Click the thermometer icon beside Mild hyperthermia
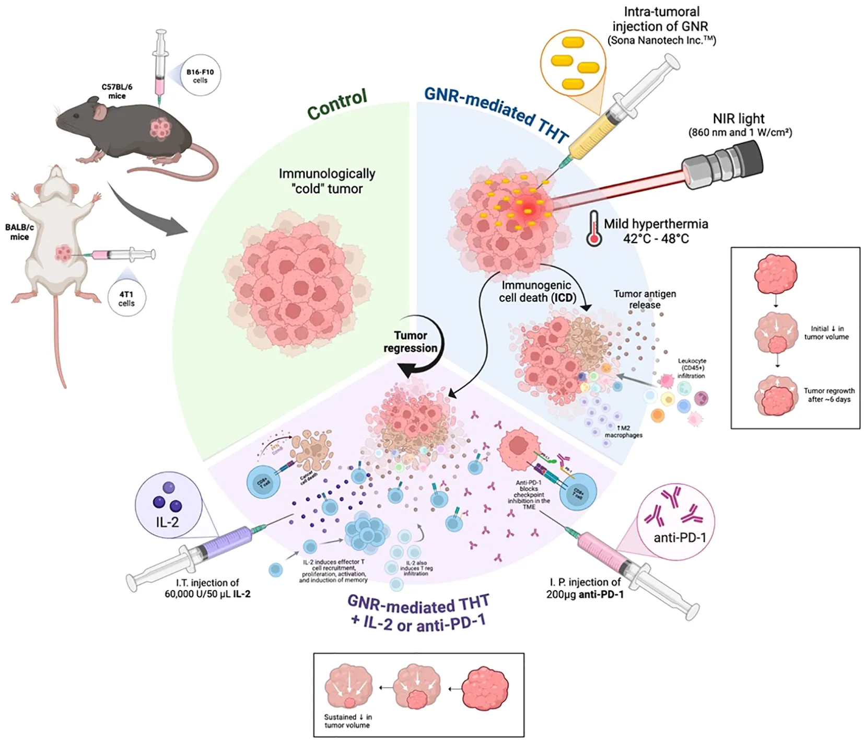pyautogui.click(x=593, y=229)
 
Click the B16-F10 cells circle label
pyautogui.click(x=200, y=76)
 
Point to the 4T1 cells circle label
pyautogui.click(x=126, y=298)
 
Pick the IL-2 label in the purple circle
pyautogui.click(x=167, y=522)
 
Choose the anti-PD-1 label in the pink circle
pyautogui.click(x=680, y=537)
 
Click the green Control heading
pyautogui.click(x=337, y=105)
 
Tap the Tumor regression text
pyautogui.click(x=411, y=342)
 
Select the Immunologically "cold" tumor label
pyautogui.click(x=327, y=181)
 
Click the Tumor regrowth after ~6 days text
pyautogui.click(x=829, y=395)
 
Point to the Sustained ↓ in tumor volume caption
pyautogui.click(x=347, y=721)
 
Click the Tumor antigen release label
pyautogui.click(x=645, y=299)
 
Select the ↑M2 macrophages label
pyautogui.click(x=623, y=431)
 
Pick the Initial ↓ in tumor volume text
pyautogui.click(x=826, y=332)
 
